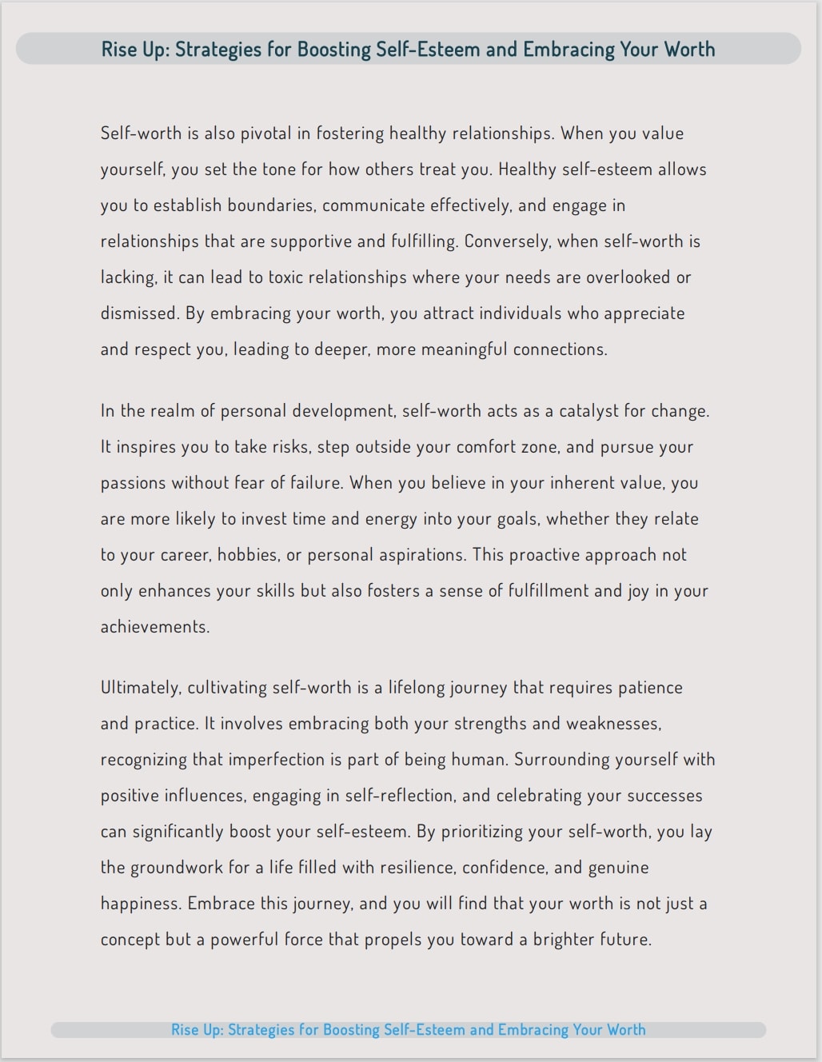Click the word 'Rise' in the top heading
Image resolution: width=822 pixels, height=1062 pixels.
[119, 50]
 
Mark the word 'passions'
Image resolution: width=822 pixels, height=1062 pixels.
[134, 483]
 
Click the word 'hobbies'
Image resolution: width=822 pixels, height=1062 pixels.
[248, 555]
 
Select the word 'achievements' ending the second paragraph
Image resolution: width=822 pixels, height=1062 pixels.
[154, 627]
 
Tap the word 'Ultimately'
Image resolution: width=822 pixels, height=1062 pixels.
[140, 688]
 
